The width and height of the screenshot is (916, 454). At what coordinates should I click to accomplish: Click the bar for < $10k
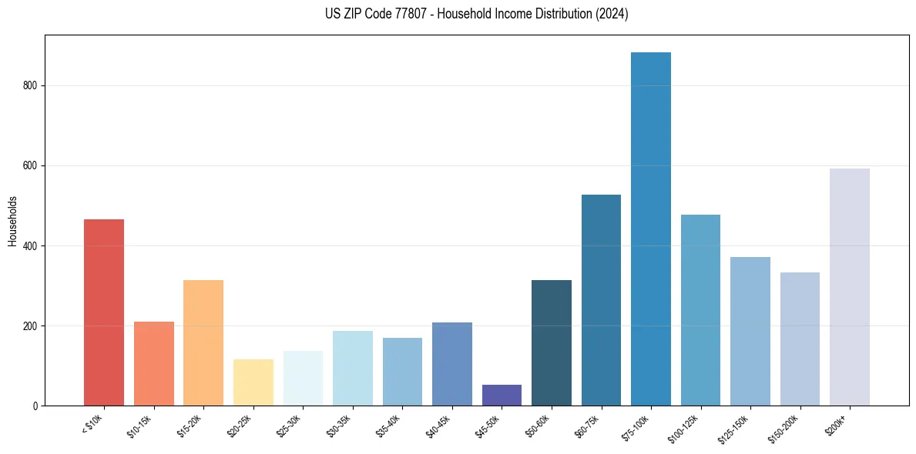click(x=104, y=312)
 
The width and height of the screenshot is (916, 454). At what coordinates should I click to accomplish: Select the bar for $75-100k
click(x=651, y=229)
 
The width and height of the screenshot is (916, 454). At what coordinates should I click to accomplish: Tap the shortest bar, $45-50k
click(x=502, y=396)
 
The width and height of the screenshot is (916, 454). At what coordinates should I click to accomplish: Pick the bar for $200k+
click(x=850, y=287)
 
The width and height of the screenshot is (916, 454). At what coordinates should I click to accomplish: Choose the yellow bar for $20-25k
click(x=253, y=382)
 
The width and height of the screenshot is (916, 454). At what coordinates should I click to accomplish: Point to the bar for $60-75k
click(x=601, y=300)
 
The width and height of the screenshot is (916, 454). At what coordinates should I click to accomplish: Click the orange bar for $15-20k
click(x=203, y=342)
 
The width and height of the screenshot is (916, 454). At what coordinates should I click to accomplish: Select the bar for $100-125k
click(x=700, y=310)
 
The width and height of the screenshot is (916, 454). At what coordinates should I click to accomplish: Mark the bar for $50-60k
click(x=552, y=342)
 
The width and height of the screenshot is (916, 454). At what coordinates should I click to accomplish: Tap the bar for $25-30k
click(x=303, y=378)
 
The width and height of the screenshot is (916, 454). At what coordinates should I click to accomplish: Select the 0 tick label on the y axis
click(x=35, y=406)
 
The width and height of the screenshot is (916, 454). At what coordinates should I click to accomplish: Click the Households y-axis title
click(x=12, y=222)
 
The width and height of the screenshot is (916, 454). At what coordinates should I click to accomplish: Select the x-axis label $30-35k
click(x=341, y=425)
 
